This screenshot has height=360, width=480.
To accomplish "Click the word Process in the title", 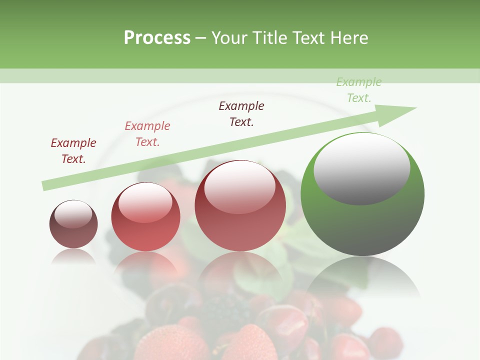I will pyautogui.click(x=157, y=38).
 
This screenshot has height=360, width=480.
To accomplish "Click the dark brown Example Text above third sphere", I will pyautogui.click(x=241, y=114).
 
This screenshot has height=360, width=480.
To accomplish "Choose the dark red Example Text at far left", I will pyautogui.click(x=73, y=151).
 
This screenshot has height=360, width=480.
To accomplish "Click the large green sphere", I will pyautogui.click(x=362, y=220).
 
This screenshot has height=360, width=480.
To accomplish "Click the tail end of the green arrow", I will pyautogui.click(x=45, y=185).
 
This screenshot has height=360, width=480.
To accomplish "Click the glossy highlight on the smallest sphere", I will pyautogui.click(x=73, y=214).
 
